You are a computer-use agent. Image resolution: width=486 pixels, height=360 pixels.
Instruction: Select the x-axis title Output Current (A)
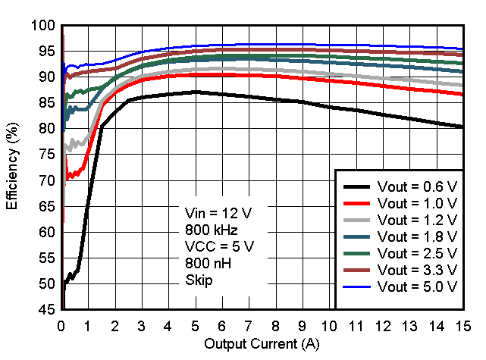[x=262, y=345]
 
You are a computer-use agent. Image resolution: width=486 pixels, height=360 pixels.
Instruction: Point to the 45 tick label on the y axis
[x=47, y=310]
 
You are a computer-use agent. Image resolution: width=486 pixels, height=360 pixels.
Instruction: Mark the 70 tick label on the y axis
[x=47, y=180]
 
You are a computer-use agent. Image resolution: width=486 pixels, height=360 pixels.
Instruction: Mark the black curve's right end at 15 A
[x=462, y=127]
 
